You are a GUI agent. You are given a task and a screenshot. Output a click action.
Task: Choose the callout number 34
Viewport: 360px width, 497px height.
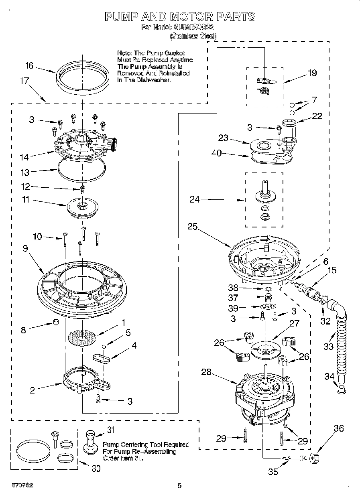[329, 376]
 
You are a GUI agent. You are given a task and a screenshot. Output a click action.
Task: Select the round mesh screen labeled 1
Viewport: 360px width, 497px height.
[82, 337]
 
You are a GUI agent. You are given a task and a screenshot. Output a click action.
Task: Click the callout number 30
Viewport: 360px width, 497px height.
[96, 468]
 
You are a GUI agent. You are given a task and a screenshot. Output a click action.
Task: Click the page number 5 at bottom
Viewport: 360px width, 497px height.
[180, 485]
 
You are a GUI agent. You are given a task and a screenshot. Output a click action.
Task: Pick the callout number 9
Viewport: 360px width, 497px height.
[25, 249]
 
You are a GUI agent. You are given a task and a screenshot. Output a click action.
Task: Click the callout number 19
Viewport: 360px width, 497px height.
[312, 73]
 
